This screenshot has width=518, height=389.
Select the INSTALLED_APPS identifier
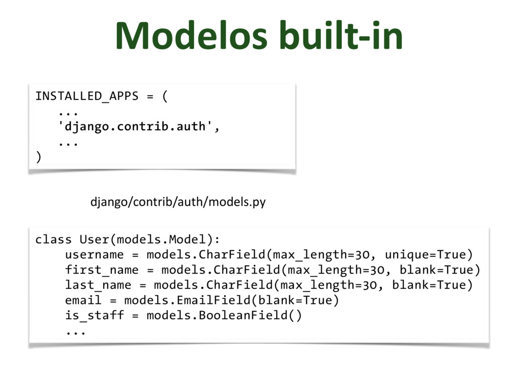coord(87,96)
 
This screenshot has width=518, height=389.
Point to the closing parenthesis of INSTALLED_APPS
coord(38,158)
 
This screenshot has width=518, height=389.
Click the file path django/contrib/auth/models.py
coord(178,203)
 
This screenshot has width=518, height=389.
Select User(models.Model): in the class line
coord(150,239)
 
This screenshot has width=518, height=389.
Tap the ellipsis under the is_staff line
coord(75,332)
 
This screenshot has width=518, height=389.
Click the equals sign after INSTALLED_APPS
coord(150,96)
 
